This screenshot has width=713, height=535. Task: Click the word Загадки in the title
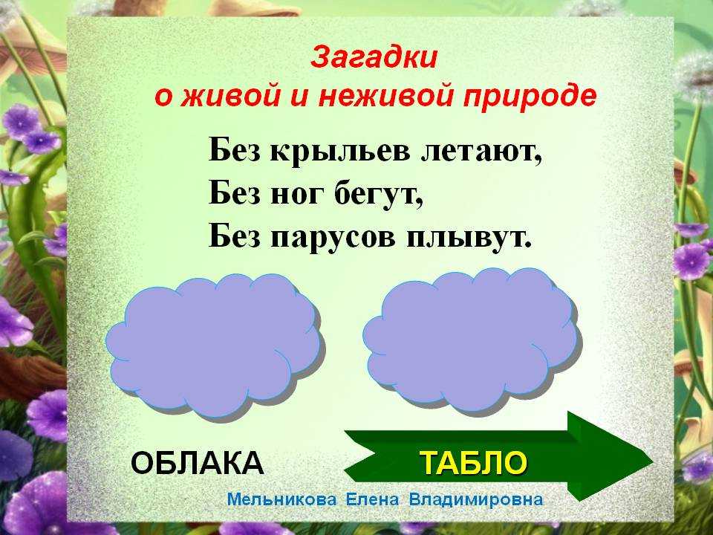pyautogui.click(x=374, y=58)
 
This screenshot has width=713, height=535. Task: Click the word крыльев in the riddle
pyautogui.click(x=340, y=151)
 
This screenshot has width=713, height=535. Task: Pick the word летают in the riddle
pyautogui.click(x=481, y=152)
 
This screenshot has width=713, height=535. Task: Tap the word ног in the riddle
pyautogui.click(x=297, y=195)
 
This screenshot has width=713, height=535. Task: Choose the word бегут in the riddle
pyautogui.click(x=379, y=194)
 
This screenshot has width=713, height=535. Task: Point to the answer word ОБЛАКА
pyautogui.click(x=198, y=463)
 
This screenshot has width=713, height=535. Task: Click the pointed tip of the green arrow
pyautogui.click(x=653, y=461)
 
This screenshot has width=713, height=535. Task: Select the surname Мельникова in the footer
pyautogui.click(x=282, y=499)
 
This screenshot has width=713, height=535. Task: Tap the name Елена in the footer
pyautogui.click(x=372, y=499)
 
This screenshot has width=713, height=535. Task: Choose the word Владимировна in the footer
pyautogui.click(x=476, y=499)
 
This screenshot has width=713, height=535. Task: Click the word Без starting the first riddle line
pyautogui.click(x=235, y=149)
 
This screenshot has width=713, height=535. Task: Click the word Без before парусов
pyautogui.click(x=235, y=236)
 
